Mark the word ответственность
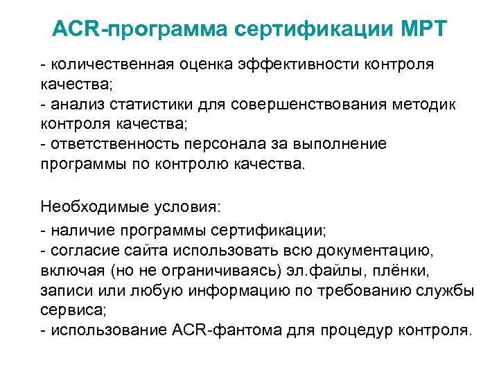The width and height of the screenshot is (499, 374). pos(108,145)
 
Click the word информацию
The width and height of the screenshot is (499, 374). pos(228,289)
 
